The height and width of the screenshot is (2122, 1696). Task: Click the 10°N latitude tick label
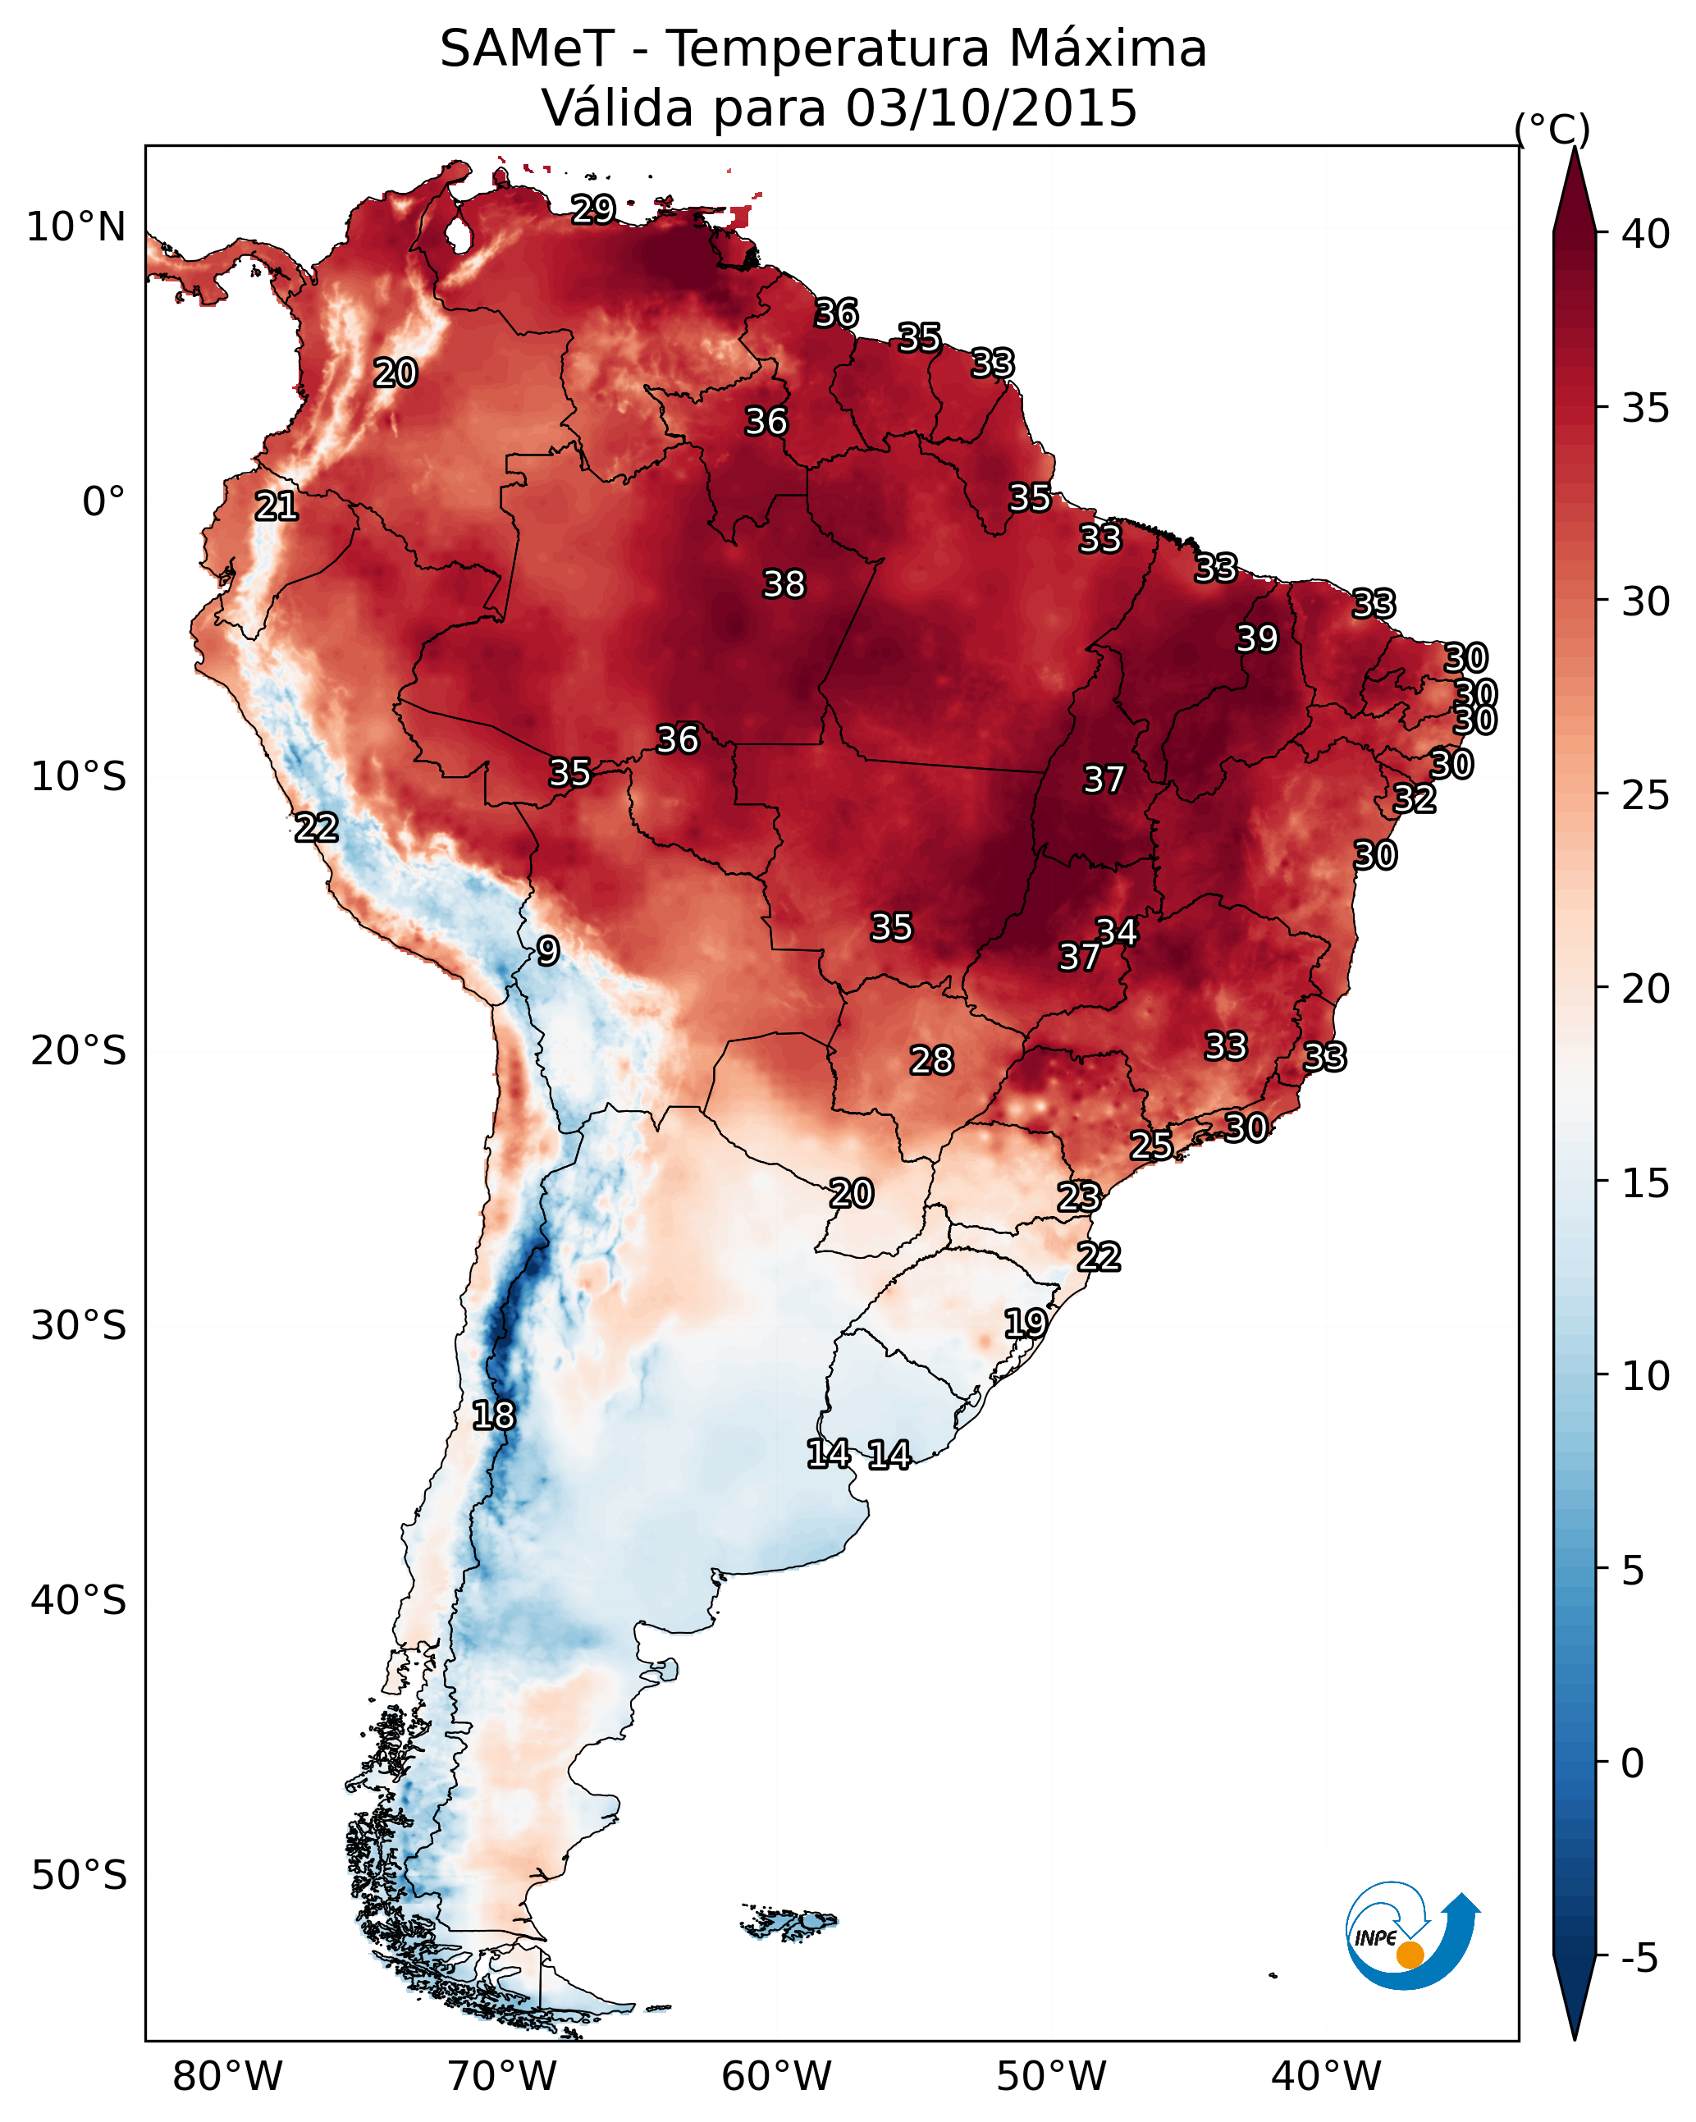75,227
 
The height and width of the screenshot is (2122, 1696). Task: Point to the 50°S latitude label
79,1876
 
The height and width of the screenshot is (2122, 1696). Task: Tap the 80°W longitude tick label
227,2076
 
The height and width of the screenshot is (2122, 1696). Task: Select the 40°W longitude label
1326,2076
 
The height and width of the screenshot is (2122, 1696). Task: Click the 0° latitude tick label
103,502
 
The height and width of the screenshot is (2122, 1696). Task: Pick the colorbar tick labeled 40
1646,234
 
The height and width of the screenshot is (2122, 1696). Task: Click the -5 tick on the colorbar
1639,1959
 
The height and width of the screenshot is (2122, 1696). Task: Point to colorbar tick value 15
1646,1183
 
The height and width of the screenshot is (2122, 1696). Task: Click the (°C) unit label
1552,129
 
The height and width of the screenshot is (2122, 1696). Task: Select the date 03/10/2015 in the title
990,108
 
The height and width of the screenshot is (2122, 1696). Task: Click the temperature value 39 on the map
1257,638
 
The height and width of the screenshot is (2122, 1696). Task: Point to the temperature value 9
548,951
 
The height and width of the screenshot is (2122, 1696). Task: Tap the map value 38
784,584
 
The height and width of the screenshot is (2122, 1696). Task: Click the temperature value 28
931,1060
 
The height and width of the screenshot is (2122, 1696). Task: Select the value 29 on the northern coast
593,208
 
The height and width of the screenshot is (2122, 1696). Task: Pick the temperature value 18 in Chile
493,1415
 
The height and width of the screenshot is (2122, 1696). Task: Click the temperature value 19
1025,1323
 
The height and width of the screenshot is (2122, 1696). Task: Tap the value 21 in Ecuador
277,507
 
